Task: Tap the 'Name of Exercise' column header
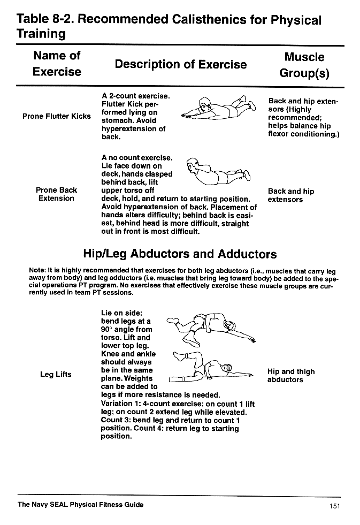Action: tap(57, 64)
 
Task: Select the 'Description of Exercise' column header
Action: tap(180, 65)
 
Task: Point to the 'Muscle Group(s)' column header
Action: tap(304, 65)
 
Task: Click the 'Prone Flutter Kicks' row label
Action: tap(57, 117)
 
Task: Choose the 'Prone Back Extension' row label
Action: tap(57, 194)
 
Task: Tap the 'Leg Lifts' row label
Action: tap(56, 375)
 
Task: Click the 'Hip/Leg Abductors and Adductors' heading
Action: tap(180, 254)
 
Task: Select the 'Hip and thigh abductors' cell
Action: tap(290, 376)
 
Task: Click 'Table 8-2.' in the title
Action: tap(45, 20)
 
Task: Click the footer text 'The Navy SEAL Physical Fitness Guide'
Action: tap(80, 505)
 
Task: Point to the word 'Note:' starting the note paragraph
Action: tap(37, 271)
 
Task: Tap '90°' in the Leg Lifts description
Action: tap(108, 330)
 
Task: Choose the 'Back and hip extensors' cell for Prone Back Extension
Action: tap(290, 195)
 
